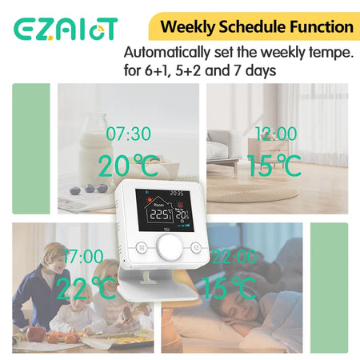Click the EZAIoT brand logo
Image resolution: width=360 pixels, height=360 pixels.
coord(66,29)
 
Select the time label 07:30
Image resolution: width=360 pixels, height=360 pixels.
coord(127,134)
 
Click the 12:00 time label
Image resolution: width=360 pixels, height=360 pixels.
coord(275,134)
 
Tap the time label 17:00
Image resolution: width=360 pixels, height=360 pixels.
coord(82,257)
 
